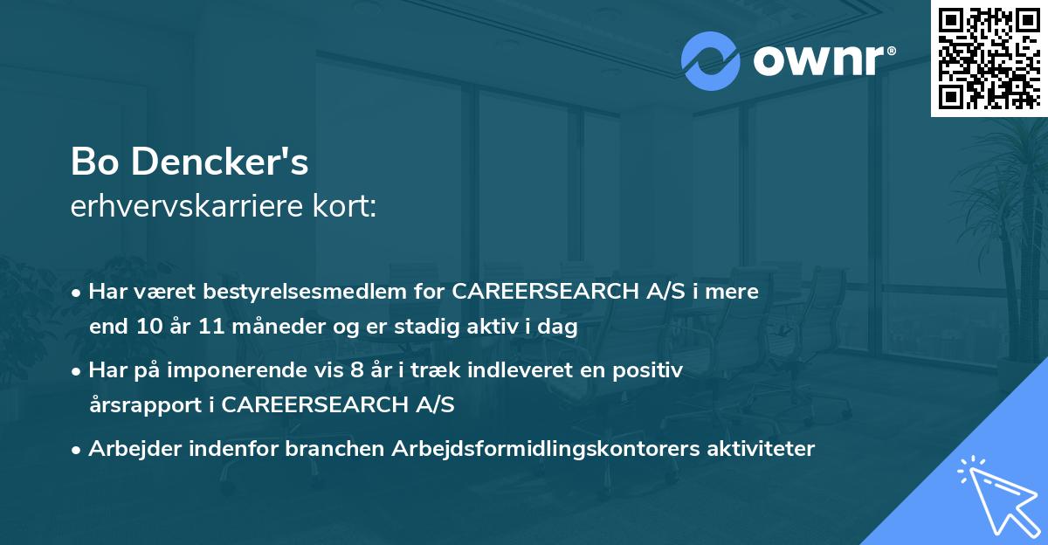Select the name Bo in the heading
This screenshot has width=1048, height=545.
click(x=93, y=162)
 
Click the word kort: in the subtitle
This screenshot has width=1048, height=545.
click(x=347, y=206)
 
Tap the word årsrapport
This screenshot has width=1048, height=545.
click(x=143, y=405)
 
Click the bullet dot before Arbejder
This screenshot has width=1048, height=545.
click(x=78, y=450)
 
